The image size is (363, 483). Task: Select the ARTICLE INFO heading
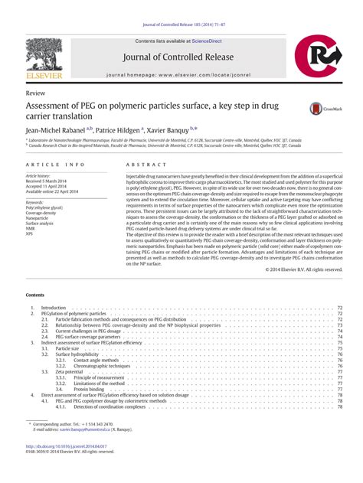pos(55,165)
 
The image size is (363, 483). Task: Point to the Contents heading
pos(35,273)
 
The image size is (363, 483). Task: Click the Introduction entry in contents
pos(54,307)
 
